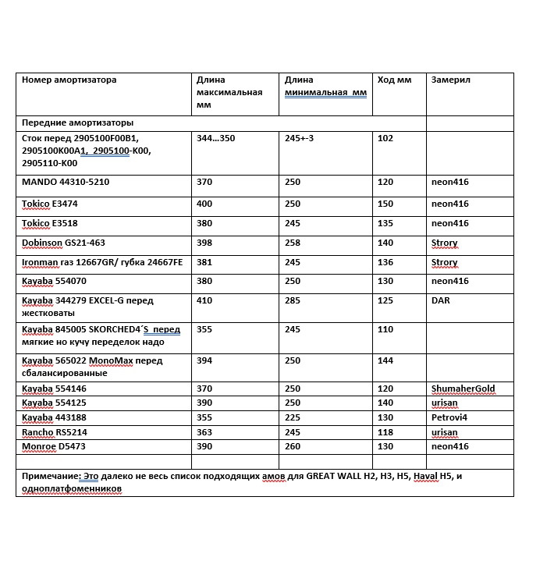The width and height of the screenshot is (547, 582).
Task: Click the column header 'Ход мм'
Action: pyautogui.click(x=393, y=80)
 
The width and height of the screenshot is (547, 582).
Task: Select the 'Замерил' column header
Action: pyautogui.click(x=450, y=80)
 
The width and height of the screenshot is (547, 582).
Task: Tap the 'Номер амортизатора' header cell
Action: pyautogui.click(x=69, y=80)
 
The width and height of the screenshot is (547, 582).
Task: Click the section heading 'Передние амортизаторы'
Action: pyautogui.click(x=76, y=123)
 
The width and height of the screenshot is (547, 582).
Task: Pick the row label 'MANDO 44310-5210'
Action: pyautogui.click(x=65, y=182)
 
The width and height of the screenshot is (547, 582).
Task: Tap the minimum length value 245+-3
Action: pyautogui.click(x=300, y=138)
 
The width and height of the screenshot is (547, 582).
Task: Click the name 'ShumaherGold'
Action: pyautogui.click(x=463, y=389)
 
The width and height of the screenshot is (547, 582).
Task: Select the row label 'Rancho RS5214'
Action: pyautogui.click(x=54, y=432)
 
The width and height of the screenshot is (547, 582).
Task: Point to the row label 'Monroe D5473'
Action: pyautogui.click(x=55, y=446)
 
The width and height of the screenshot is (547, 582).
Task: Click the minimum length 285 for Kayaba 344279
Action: pyautogui.click(x=293, y=300)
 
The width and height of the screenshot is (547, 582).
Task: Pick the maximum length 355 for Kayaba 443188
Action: pyautogui.click(x=204, y=418)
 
